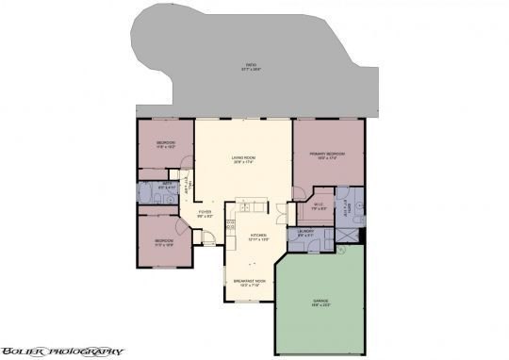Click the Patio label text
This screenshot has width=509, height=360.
(x=251, y=64)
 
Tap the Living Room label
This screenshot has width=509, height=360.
(x=244, y=157)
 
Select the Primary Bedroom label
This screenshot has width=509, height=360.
(x=328, y=152)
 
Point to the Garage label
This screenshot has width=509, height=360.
(x=321, y=300)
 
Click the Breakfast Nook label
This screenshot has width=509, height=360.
(x=249, y=280)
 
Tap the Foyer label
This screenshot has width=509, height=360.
(x=205, y=213)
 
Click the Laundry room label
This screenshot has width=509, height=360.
(x=305, y=231)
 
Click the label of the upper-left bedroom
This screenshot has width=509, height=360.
(x=166, y=142)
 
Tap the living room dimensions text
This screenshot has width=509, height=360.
(x=244, y=162)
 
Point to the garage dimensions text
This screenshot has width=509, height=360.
(x=321, y=304)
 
